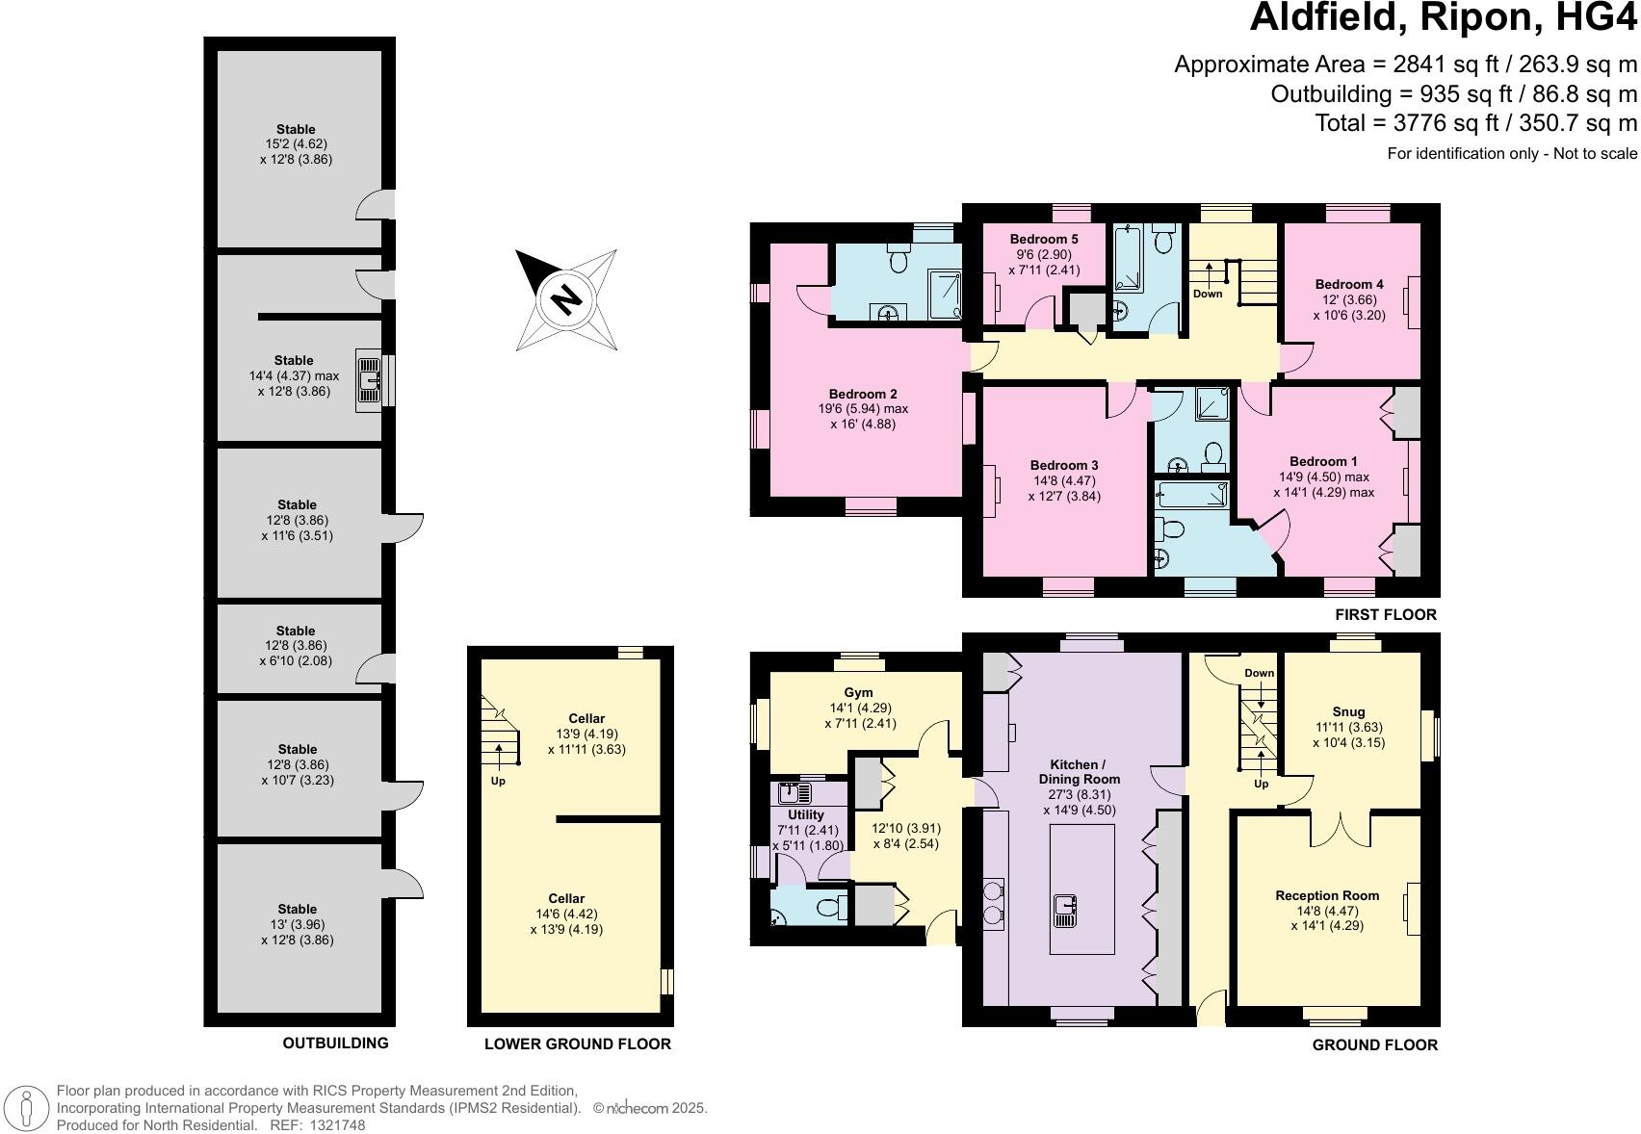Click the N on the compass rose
click(565, 298)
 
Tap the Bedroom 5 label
click(1044, 239)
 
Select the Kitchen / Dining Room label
click(1079, 772)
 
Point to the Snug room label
click(1349, 713)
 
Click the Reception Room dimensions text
click(1327, 918)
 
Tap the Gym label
click(858, 692)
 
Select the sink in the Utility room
click(795, 793)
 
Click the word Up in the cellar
click(498, 781)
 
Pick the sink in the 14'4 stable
click(368, 379)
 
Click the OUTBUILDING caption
click(335, 1043)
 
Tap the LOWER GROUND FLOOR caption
click(577, 1044)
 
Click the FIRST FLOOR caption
click(1385, 614)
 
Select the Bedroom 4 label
click(1349, 284)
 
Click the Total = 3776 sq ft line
click(1475, 123)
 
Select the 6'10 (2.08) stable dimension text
click(297, 662)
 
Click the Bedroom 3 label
click(1064, 465)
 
